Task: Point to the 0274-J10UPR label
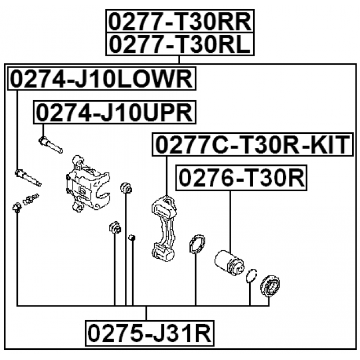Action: [115, 112]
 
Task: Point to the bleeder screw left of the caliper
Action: [31, 199]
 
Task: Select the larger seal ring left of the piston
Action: [196, 246]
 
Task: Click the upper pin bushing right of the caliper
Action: [127, 187]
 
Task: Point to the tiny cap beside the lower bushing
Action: [132, 240]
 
